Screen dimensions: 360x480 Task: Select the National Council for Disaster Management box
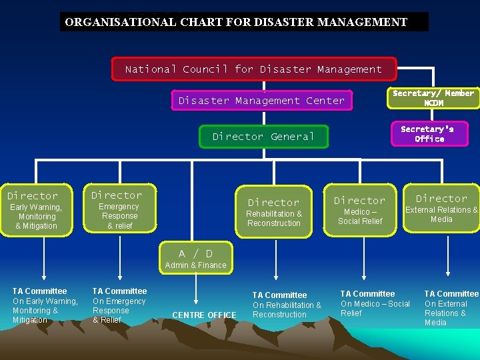tap(253, 69)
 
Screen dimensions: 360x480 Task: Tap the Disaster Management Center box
tap(261, 101)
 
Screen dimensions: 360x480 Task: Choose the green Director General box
tap(263, 137)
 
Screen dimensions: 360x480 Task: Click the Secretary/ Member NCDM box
tap(433, 98)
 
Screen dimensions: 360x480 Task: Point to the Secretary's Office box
tap(429, 134)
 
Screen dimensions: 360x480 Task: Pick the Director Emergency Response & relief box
tap(119, 208)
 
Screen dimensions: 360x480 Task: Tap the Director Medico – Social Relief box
tap(359, 210)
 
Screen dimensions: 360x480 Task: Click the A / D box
tap(195, 253)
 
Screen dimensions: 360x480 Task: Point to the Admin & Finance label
tap(195, 265)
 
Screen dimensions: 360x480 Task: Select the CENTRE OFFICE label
tap(204, 315)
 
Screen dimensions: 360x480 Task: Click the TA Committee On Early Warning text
tap(45, 305)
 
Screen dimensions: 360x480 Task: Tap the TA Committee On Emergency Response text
tap(119, 305)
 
